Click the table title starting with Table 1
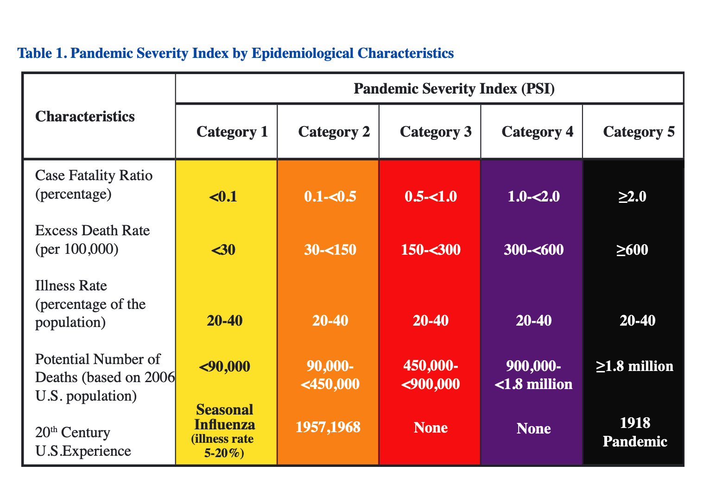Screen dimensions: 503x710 point(235,53)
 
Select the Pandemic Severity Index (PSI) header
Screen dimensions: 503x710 point(454,88)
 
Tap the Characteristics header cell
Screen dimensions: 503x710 point(85,116)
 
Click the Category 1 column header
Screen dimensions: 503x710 point(232,132)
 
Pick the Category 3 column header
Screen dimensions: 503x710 point(435,132)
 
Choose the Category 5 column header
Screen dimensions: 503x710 point(639,132)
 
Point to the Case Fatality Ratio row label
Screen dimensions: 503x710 point(94,184)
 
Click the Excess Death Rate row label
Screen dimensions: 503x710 point(92,239)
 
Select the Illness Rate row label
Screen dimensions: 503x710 point(90,304)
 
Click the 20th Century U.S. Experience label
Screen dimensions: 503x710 point(83,441)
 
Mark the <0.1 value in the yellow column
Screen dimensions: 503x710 point(223,197)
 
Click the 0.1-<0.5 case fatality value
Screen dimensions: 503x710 point(330,197)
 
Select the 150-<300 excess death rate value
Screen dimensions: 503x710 point(431,250)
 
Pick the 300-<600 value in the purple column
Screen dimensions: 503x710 point(533,250)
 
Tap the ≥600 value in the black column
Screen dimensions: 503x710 point(632,250)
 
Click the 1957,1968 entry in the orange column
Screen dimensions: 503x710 point(328,427)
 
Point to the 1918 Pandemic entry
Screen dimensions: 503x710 point(635,432)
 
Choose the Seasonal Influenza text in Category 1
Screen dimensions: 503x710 point(225,417)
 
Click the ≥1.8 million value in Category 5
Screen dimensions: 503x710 point(634,366)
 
